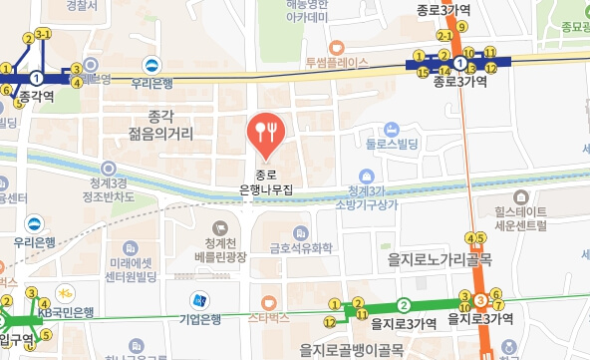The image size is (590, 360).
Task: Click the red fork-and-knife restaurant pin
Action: [x=266, y=130]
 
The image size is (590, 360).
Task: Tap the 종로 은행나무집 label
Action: [x=266, y=180]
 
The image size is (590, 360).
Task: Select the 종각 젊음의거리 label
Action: [x=160, y=124]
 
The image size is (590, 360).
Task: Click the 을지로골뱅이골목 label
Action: [x=351, y=349]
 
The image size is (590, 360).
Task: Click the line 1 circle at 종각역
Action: [x=37, y=76]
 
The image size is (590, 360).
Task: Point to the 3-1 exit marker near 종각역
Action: [x=43, y=35]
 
